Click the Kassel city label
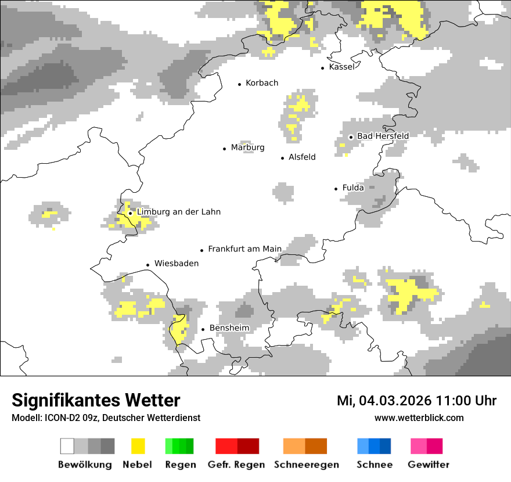(x=341, y=67)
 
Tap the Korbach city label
(x=262, y=83)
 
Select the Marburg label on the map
(x=247, y=148)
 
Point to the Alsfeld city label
(x=302, y=157)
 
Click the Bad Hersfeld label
(x=383, y=136)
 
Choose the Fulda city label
(x=353, y=188)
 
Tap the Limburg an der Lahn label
(x=178, y=212)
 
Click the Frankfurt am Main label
(x=244, y=249)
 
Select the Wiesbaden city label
(x=176, y=264)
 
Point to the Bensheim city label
(x=229, y=328)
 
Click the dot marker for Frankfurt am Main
(x=202, y=250)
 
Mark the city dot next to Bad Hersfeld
(x=351, y=137)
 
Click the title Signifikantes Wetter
(x=96, y=401)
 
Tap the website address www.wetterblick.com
(x=419, y=418)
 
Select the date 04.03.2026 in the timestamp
(x=394, y=401)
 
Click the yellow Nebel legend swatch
(x=138, y=446)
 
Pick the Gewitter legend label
(x=428, y=465)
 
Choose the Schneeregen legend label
(x=306, y=465)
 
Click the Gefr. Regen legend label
(x=236, y=465)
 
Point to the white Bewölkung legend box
(x=67, y=446)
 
